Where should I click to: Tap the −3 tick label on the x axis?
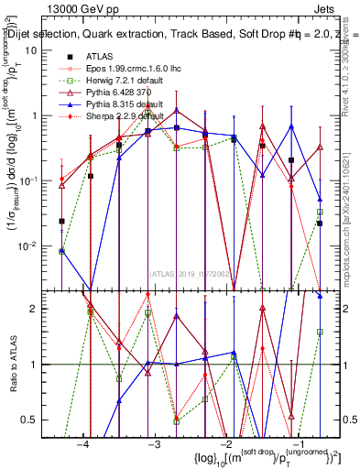[155, 445]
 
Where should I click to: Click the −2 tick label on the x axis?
[227, 445]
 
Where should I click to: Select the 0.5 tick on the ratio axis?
[33, 420]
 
